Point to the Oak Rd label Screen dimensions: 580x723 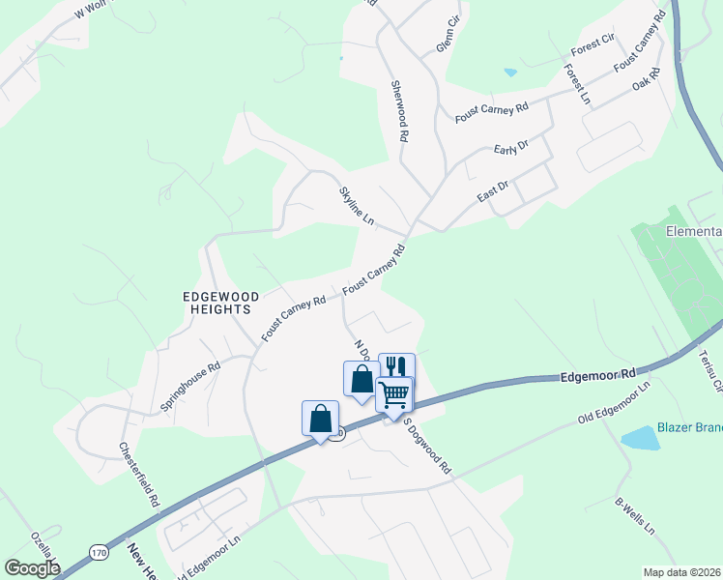tap(645, 79)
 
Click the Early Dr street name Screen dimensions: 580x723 tap(510, 148)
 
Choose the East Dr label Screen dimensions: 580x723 tap(493, 190)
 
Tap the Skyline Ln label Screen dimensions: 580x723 tap(356, 206)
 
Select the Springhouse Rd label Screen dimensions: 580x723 tap(190, 386)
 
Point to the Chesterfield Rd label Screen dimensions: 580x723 tap(138, 475)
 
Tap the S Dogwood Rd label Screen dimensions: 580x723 tap(427, 445)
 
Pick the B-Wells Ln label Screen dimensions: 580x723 tap(635, 516)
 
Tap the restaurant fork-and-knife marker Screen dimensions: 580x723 tap(396, 367)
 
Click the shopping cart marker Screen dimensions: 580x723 tap(394, 393)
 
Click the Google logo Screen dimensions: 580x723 tap(32, 568)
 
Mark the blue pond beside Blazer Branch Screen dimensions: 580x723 tap(638, 439)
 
